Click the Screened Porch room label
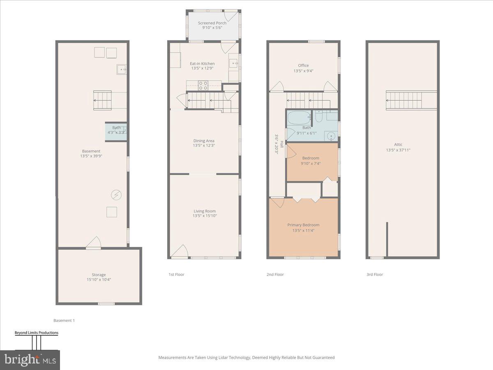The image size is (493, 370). [x=212, y=23]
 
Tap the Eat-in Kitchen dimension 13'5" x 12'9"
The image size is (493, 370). [x=202, y=68]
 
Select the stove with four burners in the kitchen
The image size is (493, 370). [x=203, y=85]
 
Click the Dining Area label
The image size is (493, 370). [x=204, y=141]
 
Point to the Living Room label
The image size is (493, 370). [x=204, y=211]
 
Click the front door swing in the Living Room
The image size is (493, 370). [x=180, y=251]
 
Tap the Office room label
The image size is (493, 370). [x=303, y=65]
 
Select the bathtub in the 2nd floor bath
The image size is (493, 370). [x=299, y=118]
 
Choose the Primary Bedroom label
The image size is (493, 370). [x=303, y=225]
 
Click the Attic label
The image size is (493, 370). [x=398, y=145]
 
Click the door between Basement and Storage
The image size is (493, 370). [x=93, y=243]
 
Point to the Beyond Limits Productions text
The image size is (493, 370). [x=36, y=333]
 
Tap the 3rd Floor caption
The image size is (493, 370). [x=375, y=274]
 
